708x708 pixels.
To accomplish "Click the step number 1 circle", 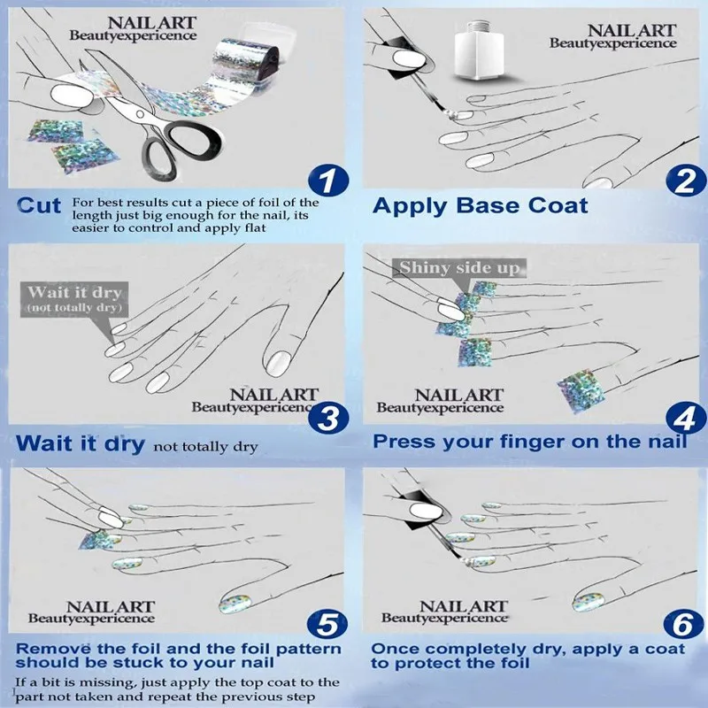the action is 328,181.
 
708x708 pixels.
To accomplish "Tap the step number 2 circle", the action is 686,181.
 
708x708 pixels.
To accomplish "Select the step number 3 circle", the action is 328,418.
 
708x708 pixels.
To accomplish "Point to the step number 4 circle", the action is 686,418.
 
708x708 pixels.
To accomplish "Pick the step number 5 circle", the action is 327,625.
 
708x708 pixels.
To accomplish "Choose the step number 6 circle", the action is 683,625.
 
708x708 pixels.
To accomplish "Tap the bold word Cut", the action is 39,206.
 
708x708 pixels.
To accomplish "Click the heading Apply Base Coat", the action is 480,206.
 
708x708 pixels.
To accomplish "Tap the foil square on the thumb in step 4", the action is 580,389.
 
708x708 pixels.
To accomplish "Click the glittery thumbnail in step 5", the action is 235,604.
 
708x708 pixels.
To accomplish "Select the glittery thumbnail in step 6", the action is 588,603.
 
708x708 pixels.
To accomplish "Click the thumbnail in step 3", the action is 278,364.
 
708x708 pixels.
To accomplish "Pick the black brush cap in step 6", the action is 419,510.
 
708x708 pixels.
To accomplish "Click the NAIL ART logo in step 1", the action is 134,28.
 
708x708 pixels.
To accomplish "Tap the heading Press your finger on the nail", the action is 529,442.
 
